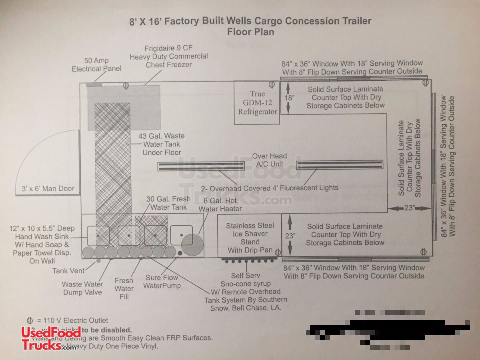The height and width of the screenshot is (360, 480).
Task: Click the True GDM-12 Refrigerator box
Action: point(257,103)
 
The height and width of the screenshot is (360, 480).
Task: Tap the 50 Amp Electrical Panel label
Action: point(96,65)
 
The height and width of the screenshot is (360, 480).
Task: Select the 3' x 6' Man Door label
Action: point(48,188)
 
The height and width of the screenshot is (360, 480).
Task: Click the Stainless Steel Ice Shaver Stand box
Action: point(249,238)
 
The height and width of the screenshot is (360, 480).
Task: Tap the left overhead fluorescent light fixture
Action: point(201,166)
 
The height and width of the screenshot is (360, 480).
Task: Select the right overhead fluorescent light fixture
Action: point(340,164)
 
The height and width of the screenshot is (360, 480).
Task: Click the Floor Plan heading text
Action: point(251,32)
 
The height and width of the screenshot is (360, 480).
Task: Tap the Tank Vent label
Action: point(68,271)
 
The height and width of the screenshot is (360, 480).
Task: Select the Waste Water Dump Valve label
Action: point(82,288)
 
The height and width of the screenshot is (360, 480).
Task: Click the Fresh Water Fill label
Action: point(124,288)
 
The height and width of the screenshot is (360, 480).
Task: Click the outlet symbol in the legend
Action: point(29,320)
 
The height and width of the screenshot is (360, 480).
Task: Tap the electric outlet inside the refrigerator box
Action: point(272,85)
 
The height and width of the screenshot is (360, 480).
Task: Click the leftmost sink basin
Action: point(98,236)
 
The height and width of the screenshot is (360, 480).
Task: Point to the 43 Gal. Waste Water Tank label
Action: point(161,144)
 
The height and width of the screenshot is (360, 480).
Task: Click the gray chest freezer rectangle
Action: point(124,95)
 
